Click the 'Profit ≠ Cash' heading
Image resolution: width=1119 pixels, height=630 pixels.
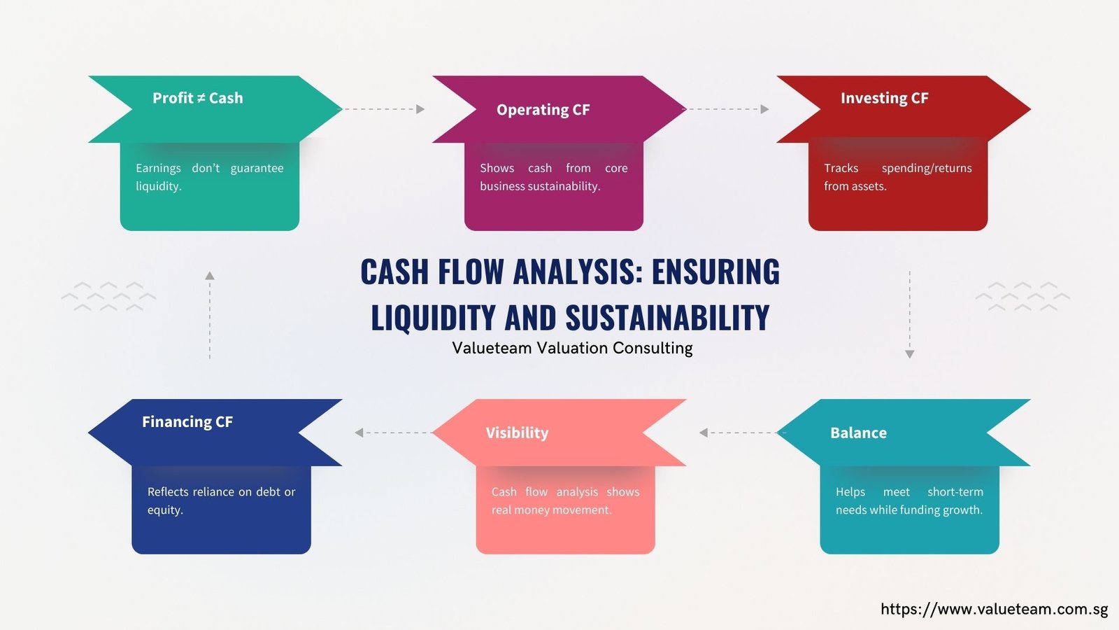tap(198, 98)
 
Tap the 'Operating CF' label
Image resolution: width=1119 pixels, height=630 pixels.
tap(543, 109)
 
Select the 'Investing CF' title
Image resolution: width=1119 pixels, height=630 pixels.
tap(884, 98)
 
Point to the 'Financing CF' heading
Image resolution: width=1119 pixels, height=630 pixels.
tap(187, 421)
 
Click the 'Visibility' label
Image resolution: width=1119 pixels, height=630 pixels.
tap(517, 433)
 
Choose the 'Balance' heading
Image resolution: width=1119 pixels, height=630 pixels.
tap(858, 433)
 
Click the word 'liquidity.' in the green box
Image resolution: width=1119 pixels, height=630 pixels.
tap(158, 186)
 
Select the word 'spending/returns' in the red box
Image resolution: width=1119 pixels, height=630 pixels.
tap(927, 168)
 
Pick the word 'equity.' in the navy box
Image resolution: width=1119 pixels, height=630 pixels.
tap(165, 510)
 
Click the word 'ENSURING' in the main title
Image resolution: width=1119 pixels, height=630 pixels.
tap(715, 272)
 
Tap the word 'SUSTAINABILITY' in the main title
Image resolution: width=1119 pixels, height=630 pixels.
tap(667, 318)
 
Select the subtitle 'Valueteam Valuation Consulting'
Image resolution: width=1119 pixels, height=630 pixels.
tap(573, 348)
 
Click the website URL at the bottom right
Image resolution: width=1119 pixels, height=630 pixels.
tap(995, 609)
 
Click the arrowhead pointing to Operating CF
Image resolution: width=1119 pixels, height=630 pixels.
tap(420, 109)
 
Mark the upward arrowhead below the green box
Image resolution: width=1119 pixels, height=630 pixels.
tap(210, 276)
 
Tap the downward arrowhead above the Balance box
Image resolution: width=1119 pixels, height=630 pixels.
tap(910, 354)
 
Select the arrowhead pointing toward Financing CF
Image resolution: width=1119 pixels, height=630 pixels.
tap(359, 433)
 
